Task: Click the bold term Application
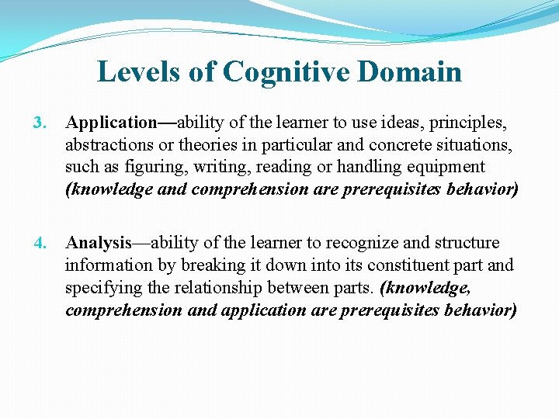point(112,123)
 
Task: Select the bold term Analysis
point(99,244)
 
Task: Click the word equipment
point(447,168)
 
